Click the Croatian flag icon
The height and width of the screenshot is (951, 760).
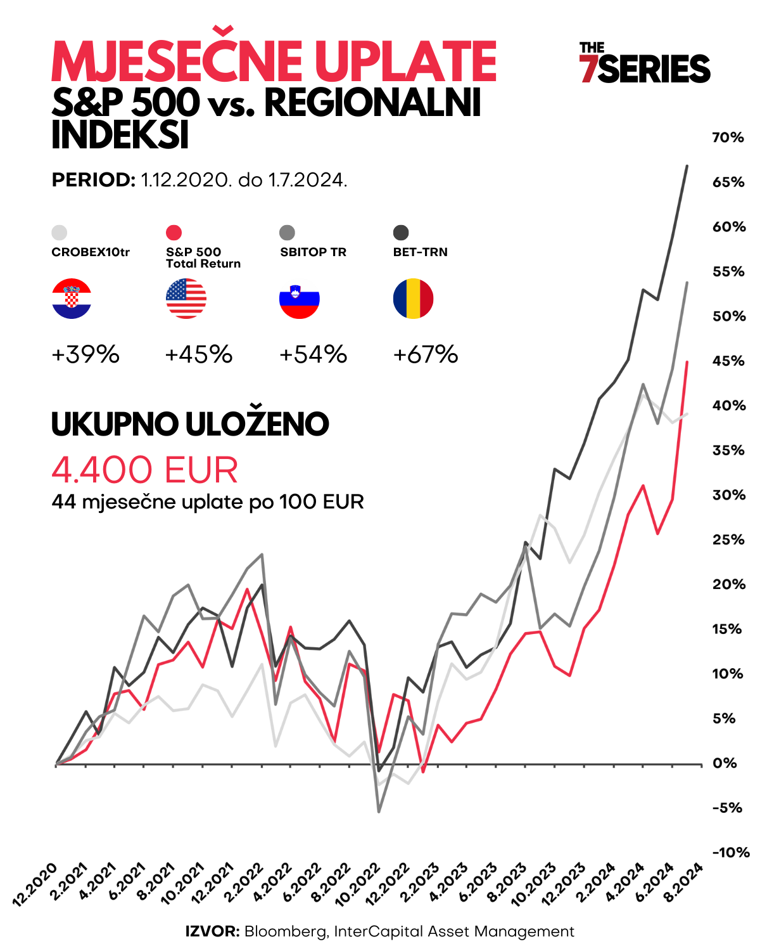click(x=72, y=298)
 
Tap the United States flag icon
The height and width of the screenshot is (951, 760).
click(x=186, y=298)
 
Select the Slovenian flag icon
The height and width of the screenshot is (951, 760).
click(x=300, y=298)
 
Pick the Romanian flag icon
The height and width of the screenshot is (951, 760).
click(x=413, y=298)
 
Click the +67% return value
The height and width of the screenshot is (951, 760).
click(x=426, y=354)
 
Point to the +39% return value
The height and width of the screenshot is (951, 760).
click(x=85, y=354)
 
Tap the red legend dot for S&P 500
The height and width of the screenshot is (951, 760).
click(x=174, y=233)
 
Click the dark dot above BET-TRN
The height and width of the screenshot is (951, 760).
click(x=401, y=233)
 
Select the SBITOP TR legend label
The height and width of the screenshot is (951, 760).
click(x=313, y=252)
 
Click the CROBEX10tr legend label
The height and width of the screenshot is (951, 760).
click(x=91, y=252)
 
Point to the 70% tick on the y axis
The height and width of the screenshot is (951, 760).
click(x=728, y=138)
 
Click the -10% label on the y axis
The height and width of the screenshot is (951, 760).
click(x=730, y=853)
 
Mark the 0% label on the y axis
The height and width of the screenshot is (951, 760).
click(x=725, y=763)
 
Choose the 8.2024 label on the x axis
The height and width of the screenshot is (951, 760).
click(x=683, y=883)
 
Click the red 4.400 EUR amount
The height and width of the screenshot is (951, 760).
click(x=145, y=470)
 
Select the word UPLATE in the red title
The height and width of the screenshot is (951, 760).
click(x=405, y=61)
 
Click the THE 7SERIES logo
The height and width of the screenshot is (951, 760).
click(x=644, y=63)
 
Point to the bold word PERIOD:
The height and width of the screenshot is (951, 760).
click(x=94, y=180)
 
